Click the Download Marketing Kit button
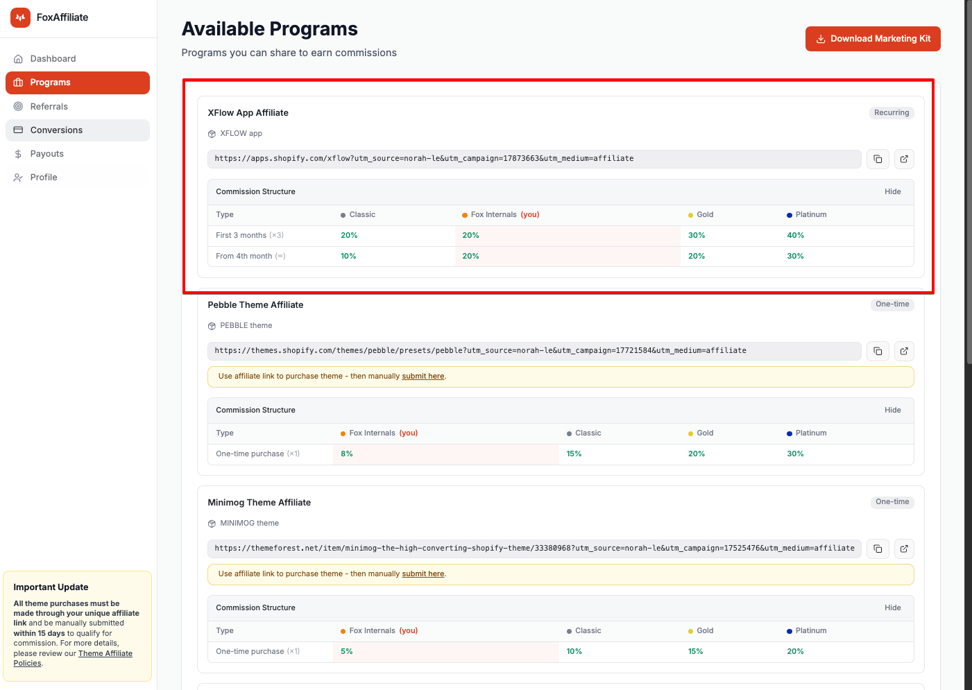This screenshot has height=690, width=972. (873, 39)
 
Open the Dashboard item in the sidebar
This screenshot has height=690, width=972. (53, 58)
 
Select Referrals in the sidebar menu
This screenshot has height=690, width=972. (49, 106)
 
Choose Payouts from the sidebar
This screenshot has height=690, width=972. (46, 153)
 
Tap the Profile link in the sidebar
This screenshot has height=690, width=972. (44, 177)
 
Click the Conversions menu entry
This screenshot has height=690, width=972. (56, 130)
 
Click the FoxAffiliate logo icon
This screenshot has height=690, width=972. (20, 17)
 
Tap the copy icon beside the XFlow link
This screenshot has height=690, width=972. (878, 159)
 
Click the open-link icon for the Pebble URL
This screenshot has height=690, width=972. (904, 352)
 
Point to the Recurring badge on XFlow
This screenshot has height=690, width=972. (892, 113)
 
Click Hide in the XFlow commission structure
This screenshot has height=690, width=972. (893, 191)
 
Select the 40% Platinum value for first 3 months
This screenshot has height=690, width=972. (795, 235)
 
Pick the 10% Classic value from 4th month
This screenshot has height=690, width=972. (348, 256)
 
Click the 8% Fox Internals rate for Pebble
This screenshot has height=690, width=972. (346, 454)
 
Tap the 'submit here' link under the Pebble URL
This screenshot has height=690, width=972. (423, 376)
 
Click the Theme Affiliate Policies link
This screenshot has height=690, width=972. (73, 658)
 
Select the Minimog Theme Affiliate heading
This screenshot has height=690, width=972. (259, 502)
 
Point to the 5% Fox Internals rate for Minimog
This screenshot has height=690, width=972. (346, 651)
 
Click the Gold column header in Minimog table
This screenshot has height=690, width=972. (705, 630)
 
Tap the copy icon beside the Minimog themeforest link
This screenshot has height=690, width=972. (878, 549)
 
